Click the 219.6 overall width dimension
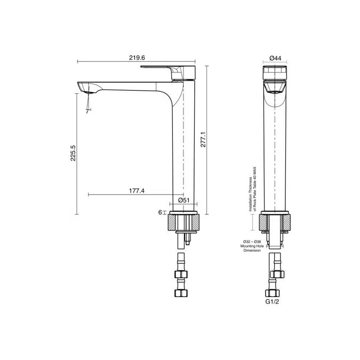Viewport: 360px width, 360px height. pyautogui.click(x=137, y=58)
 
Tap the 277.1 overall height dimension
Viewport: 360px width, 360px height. pyautogui.click(x=203, y=139)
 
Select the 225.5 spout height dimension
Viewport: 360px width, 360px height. pyautogui.click(x=73, y=153)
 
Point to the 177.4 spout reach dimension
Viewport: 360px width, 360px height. pyautogui.click(x=137, y=191)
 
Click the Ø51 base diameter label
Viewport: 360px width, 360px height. pyautogui.click(x=184, y=200)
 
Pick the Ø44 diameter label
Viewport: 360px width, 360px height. pyautogui.click(x=275, y=58)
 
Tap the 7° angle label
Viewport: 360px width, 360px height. pyautogui.click(x=89, y=111)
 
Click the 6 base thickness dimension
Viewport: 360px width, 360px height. pyautogui.click(x=160, y=212)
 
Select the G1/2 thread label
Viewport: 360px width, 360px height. pyautogui.click(x=272, y=302)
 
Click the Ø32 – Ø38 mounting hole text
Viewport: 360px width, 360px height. pyautogui.click(x=252, y=242)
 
